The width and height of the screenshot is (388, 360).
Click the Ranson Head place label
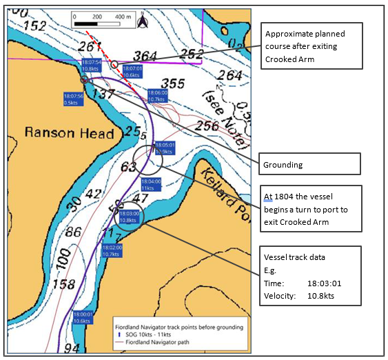tap(70, 132)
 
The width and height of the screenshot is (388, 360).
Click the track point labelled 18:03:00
tap(129, 217)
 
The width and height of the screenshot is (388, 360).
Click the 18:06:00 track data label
tap(156, 96)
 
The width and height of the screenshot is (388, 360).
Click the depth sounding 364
tap(145, 56)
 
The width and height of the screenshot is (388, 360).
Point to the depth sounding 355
tap(173, 83)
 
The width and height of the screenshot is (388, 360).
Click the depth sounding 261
tap(90, 46)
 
